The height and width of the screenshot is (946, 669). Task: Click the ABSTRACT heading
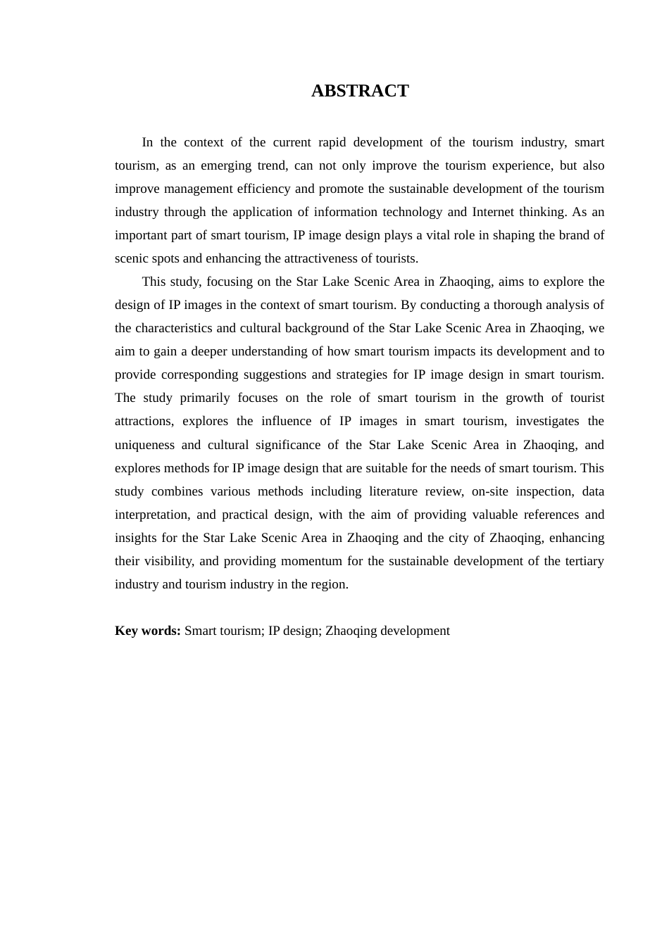point(360,91)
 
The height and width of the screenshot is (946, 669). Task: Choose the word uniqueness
point(144,445)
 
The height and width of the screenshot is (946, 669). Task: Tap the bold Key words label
point(148,631)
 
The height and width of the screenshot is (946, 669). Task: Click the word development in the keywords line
point(415,631)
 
